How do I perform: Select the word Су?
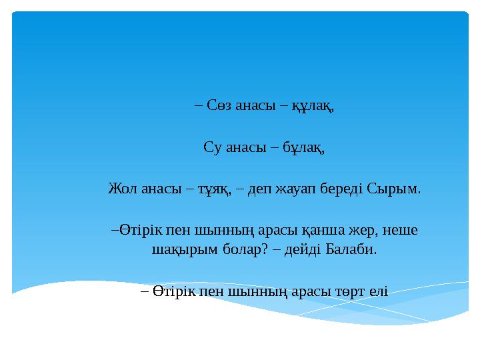212,147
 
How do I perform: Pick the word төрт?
341,292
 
